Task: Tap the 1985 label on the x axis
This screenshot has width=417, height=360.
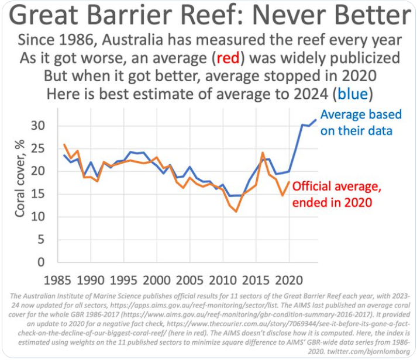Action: (59, 278)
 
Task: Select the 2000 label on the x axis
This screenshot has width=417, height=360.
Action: (157, 278)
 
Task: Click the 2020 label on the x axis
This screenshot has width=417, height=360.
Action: (288, 278)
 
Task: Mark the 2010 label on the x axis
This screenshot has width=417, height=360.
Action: (222, 278)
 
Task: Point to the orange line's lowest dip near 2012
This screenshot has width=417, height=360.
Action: (236, 211)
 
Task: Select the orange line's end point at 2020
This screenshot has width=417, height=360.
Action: (289, 182)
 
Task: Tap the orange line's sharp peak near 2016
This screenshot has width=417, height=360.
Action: (263, 153)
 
